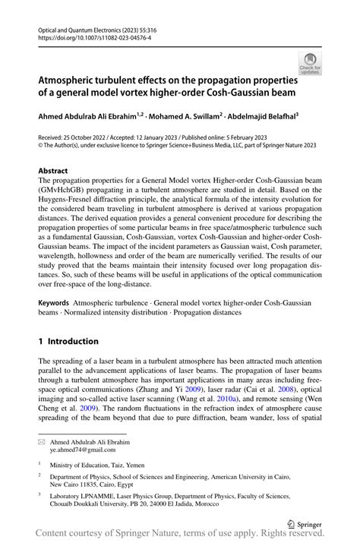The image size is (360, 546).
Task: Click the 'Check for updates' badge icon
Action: pos(311,65)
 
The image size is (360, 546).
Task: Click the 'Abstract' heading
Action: pos(53,171)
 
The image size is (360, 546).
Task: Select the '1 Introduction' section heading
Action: pos(68,342)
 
